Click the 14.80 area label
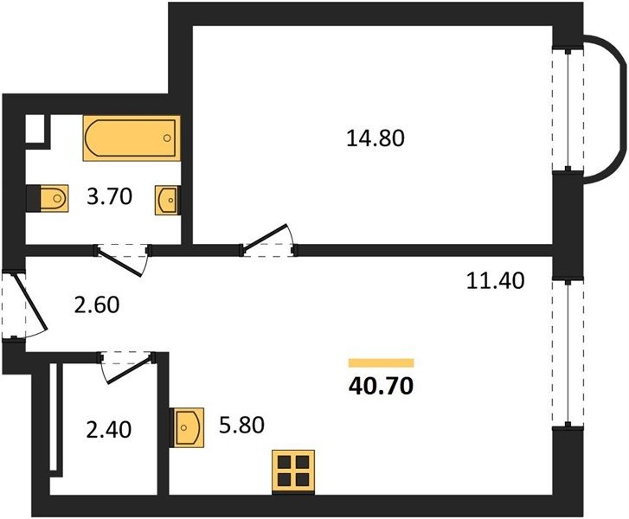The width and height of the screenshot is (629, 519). pos(375,138)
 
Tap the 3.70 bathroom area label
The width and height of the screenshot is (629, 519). pos(110,197)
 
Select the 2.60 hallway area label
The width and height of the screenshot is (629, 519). pos(97,304)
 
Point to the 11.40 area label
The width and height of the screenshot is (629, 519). pos(496,281)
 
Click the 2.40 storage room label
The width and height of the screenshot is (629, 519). pos(109,430)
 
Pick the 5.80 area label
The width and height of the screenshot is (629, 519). pos(242,425)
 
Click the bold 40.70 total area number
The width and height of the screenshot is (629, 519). pos(381,387)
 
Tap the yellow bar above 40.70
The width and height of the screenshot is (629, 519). pos(381,363)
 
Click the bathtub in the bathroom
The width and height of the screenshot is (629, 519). pos(132,138)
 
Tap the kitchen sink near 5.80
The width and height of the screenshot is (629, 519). pos(187,427)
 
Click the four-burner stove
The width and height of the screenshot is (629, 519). pos(293,472)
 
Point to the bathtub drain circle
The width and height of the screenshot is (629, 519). pos(167,138)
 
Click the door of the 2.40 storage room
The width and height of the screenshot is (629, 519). pos(128,367)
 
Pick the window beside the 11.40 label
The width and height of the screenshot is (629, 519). pos(568,353)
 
